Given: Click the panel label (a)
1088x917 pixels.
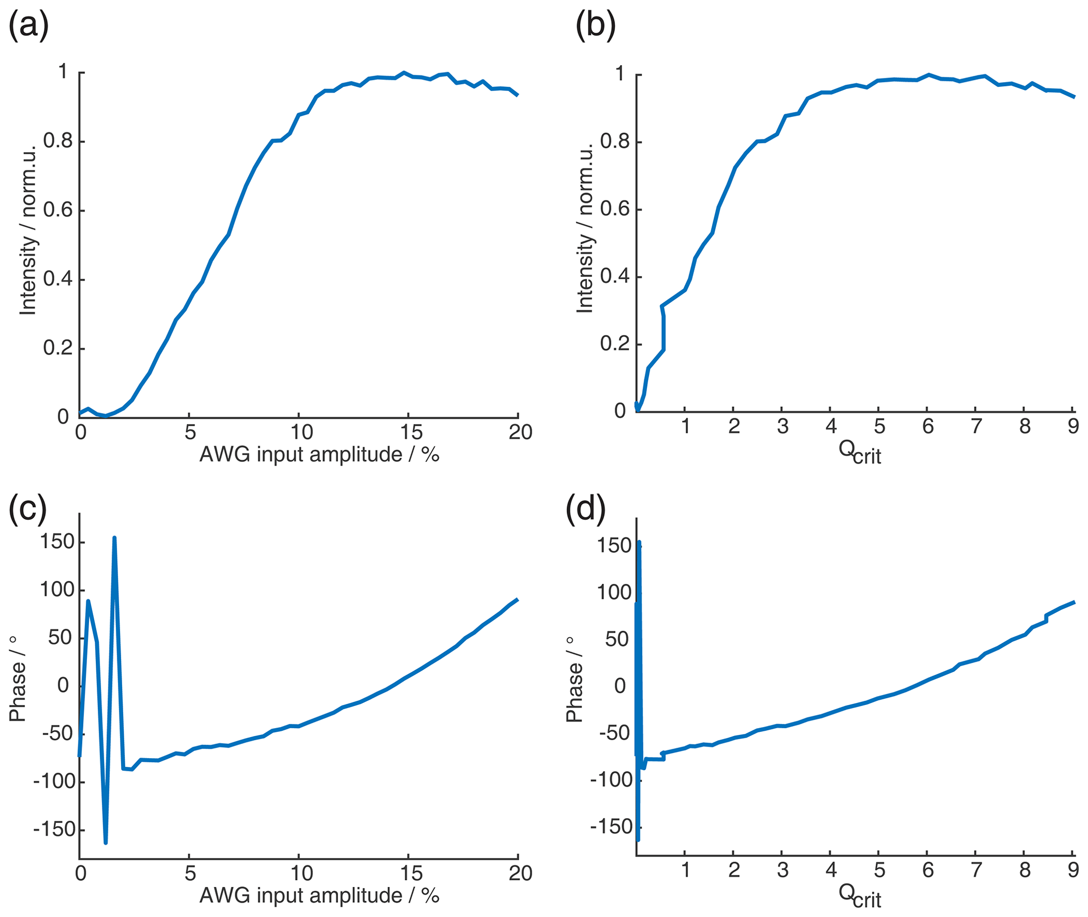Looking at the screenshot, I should click(28, 26).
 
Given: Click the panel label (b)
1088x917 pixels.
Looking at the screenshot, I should click(595, 26).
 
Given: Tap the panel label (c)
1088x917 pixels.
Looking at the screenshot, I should click(27, 510).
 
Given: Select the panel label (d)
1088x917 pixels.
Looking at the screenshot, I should click(585, 510).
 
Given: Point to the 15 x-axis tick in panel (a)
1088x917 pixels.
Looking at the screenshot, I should click(411, 432).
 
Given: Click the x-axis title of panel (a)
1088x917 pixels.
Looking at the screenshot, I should click(319, 454).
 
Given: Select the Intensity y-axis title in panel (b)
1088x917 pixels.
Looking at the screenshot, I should click(585, 228).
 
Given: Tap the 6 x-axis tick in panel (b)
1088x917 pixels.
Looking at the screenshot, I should click(928, 427).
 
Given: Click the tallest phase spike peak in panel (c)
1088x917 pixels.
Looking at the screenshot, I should click(114, 538).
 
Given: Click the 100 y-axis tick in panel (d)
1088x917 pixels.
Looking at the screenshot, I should click(613, 593).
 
